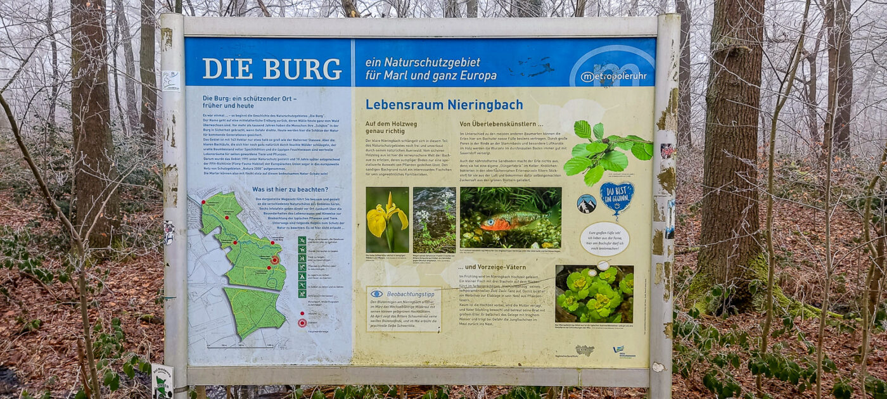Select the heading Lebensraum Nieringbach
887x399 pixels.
click(x=444, y=105)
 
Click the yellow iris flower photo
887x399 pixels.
click(x=387, y=220)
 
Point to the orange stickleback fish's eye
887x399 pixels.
click(x=488, y=222)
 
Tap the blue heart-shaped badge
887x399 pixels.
click(x=616, y=196)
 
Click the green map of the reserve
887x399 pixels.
click(x=244, y=266)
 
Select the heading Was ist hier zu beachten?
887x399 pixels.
click(x=290, y=189)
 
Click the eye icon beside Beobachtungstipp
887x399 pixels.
click(x=376, y=294)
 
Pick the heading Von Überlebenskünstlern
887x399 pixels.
click(x=501, y=124)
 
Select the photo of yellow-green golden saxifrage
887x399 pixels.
click(x=594, y=294)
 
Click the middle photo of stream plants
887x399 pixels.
click(x=434, y=220)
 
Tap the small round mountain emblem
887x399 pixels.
click(x=586, y=203)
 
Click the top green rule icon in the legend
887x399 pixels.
click(x=302, y=241)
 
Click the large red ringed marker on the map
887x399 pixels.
click(x=275, y=260)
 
